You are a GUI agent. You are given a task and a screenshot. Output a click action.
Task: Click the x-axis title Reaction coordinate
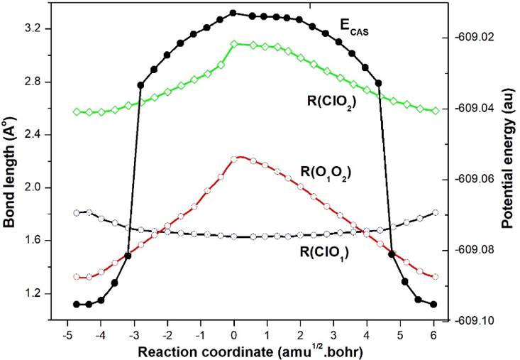coord(252,351)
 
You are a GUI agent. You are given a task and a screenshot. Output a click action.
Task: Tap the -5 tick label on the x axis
coord(67,334)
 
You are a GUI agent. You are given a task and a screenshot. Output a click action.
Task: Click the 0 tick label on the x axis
coord(234,334)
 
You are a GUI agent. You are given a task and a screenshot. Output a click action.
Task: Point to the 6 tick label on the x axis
coord(433,334)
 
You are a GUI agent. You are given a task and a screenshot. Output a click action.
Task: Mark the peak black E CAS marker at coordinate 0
coord(234,13)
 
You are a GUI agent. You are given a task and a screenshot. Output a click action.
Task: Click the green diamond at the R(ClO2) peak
coord(234,43)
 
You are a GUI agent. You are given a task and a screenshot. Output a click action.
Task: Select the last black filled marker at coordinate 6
coord(433,304)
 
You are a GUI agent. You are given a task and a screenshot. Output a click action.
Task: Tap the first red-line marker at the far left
coord(76,277)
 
